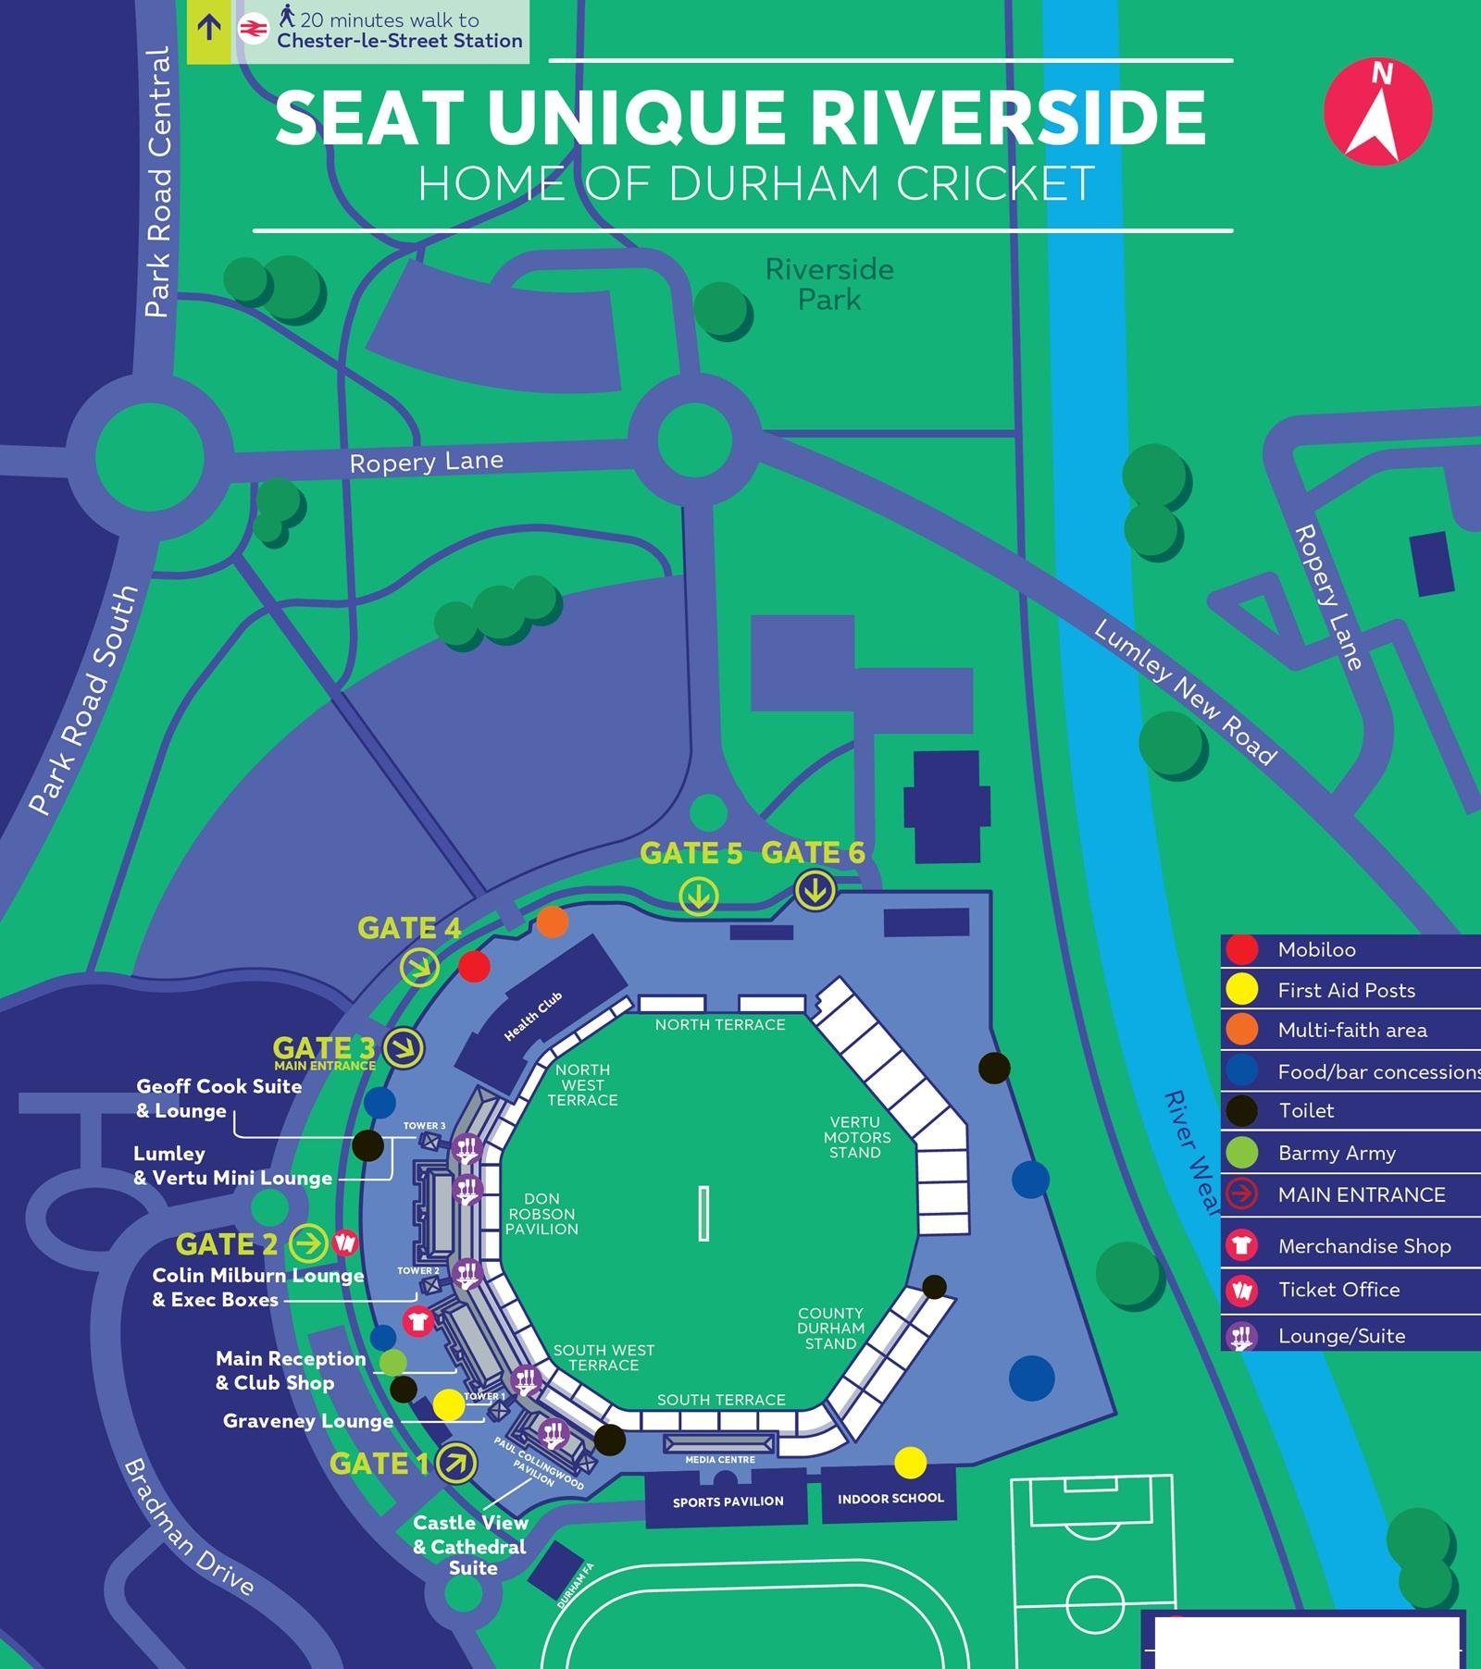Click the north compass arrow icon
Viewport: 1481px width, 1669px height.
1377,112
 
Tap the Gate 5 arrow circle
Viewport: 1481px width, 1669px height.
698,896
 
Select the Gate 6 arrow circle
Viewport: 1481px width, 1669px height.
815,891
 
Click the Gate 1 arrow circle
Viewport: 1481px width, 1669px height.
455,1463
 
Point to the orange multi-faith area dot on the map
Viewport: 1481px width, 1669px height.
552,921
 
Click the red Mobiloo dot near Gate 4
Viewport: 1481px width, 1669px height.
474,967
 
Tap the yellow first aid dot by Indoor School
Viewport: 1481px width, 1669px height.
910,1462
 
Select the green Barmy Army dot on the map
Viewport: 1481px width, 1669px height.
393,1361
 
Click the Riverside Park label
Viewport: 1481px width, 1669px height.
829,284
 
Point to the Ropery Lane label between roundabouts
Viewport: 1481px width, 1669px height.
426,461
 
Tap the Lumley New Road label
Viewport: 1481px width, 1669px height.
1185,691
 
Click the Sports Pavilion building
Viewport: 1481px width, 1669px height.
728,1501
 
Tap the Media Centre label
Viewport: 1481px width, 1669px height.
719,1459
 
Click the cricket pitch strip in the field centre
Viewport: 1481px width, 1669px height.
703,1213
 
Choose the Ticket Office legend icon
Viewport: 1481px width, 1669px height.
1241,1290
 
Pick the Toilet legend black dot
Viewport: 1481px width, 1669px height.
1241,1110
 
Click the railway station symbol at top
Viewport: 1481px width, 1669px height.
253,30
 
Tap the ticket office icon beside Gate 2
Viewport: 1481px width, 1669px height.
345,1242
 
